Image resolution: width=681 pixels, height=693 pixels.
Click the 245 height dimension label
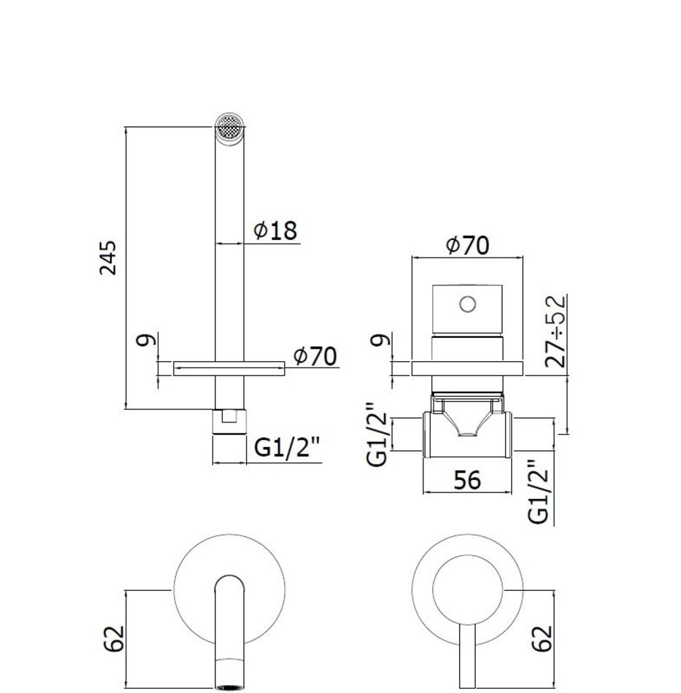click(107, 258)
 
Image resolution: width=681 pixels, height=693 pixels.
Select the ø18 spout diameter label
click(275, 231)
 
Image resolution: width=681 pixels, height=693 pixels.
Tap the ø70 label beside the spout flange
click(315, 356)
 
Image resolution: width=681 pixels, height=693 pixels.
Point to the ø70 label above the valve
click(468, 245)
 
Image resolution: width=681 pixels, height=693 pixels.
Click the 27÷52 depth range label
click(555, 330)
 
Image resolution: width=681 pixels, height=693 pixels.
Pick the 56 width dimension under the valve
click(467, 480)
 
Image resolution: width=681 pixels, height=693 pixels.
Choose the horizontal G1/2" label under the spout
click(288, 448)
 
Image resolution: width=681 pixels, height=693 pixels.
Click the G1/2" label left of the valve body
click(377, 434)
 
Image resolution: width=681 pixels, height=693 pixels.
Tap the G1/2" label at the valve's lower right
click(539, 492)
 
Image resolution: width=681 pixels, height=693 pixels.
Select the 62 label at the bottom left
click(114, 638)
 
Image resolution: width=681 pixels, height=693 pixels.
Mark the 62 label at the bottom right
click(542, 638)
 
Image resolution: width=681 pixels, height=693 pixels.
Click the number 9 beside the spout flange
click(147, 341)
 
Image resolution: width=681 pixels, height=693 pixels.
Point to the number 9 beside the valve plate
click(382, 340)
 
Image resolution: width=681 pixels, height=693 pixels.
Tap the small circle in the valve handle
click(467, 304)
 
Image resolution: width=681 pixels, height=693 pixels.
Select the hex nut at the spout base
click(229, 422)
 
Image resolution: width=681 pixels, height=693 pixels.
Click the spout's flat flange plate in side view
click(229, 368)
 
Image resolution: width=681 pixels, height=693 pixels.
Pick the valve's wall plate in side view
click(467, 368)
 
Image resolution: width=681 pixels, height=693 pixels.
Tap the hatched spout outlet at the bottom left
click(229, 687)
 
